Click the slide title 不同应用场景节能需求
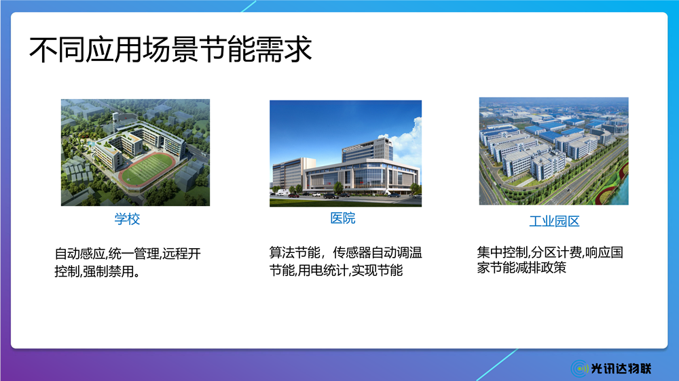(x=170, y=49)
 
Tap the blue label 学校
(x=128, y=219)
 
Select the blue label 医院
(x=342, y=218)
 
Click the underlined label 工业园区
(x=554, y=221)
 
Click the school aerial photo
(x=135, y=153)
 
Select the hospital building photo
(x=346, y=153)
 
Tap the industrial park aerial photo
(x=554, y=151)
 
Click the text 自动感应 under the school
(x=80, y=254)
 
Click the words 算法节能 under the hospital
(x=295, y=252)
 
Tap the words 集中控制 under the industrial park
(x=502, y=252)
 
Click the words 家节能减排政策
(x=521, y=267)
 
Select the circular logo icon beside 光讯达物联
(x=579, y=369)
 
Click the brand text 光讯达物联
(x=621, y=369)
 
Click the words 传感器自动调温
(x=377, y=252)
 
